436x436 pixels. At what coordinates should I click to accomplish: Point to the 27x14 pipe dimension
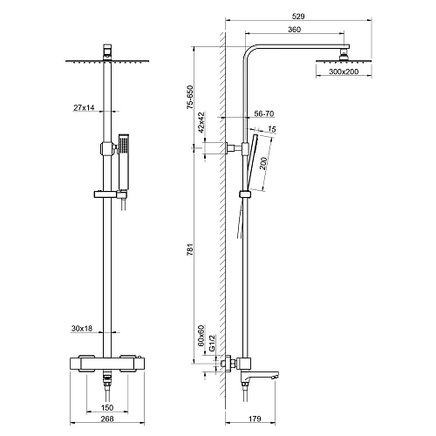click(x=84, y=107)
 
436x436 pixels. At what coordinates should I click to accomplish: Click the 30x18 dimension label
click(x=84, y=329)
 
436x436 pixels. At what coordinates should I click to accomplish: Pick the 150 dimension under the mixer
click(x=106, y=406)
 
